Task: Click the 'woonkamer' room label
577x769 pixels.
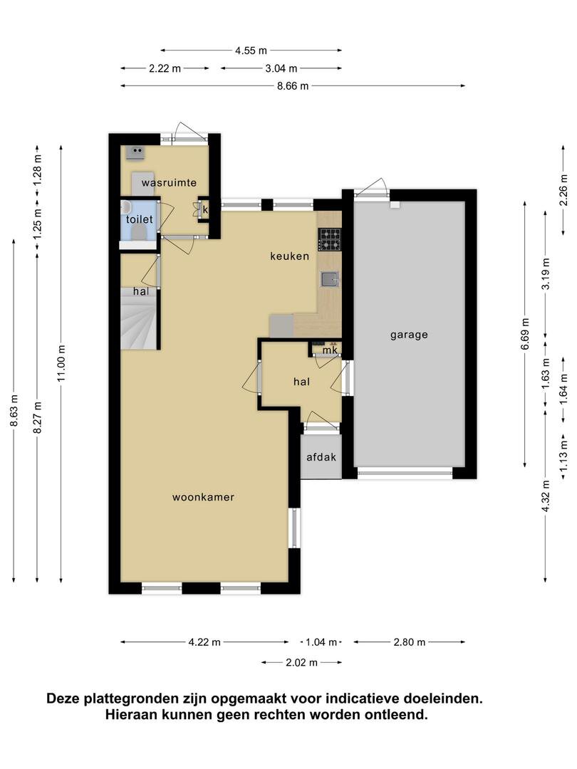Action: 203,497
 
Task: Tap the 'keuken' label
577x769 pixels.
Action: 289,256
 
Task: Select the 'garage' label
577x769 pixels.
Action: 409,335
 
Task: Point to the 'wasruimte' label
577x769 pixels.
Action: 170,183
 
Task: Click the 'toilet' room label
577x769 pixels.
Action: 140,219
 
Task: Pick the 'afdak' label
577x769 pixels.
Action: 321,457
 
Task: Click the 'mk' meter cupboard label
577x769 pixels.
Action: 330,350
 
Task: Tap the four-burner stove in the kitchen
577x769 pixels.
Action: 330,240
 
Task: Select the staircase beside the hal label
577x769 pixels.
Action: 139,319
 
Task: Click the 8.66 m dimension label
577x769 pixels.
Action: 293,86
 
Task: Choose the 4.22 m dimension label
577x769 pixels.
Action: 204,642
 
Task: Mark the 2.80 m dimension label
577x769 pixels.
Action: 410,642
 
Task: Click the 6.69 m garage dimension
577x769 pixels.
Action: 526,334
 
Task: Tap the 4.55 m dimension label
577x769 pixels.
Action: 251,51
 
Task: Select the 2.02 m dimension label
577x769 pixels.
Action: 302,663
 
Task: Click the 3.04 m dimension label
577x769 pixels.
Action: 281,68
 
